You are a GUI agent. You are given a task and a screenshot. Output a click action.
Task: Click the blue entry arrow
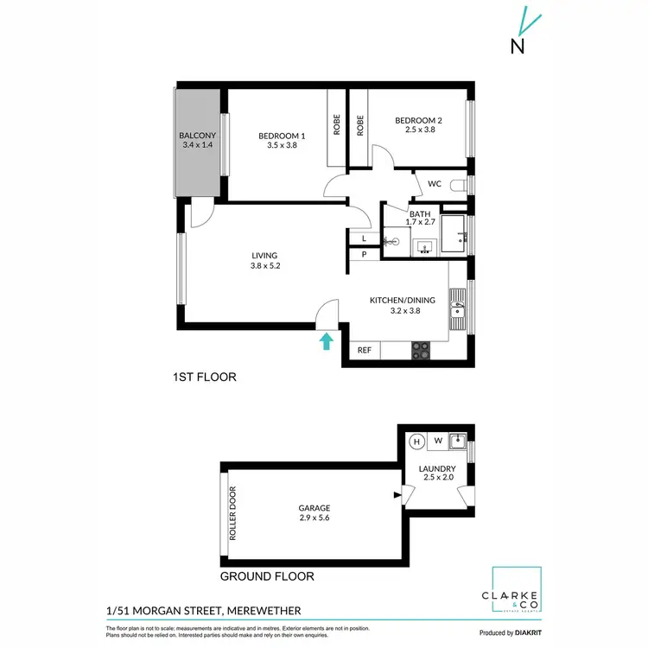[326, 341]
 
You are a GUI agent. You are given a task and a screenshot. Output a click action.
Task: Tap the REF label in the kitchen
[365, 351]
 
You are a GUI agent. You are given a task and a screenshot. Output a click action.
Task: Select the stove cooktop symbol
[420, 351]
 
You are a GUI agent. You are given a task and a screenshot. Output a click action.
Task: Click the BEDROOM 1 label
[282, 136]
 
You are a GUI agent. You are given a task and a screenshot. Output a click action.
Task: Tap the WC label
[435, 184]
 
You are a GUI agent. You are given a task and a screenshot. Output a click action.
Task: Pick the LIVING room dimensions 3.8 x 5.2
[264, 266]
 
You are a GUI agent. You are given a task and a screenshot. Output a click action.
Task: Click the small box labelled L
[364, 238]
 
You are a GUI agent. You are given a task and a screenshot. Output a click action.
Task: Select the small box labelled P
[364, 254]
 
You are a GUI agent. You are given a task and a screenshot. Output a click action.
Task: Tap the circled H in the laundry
[416, 441]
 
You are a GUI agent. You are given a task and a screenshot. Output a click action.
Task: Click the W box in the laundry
[438, 441]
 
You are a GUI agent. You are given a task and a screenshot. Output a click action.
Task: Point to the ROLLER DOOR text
[232, 513]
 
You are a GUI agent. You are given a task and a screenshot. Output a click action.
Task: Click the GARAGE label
[314, 508]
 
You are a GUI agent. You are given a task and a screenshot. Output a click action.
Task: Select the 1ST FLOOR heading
[204, 378]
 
